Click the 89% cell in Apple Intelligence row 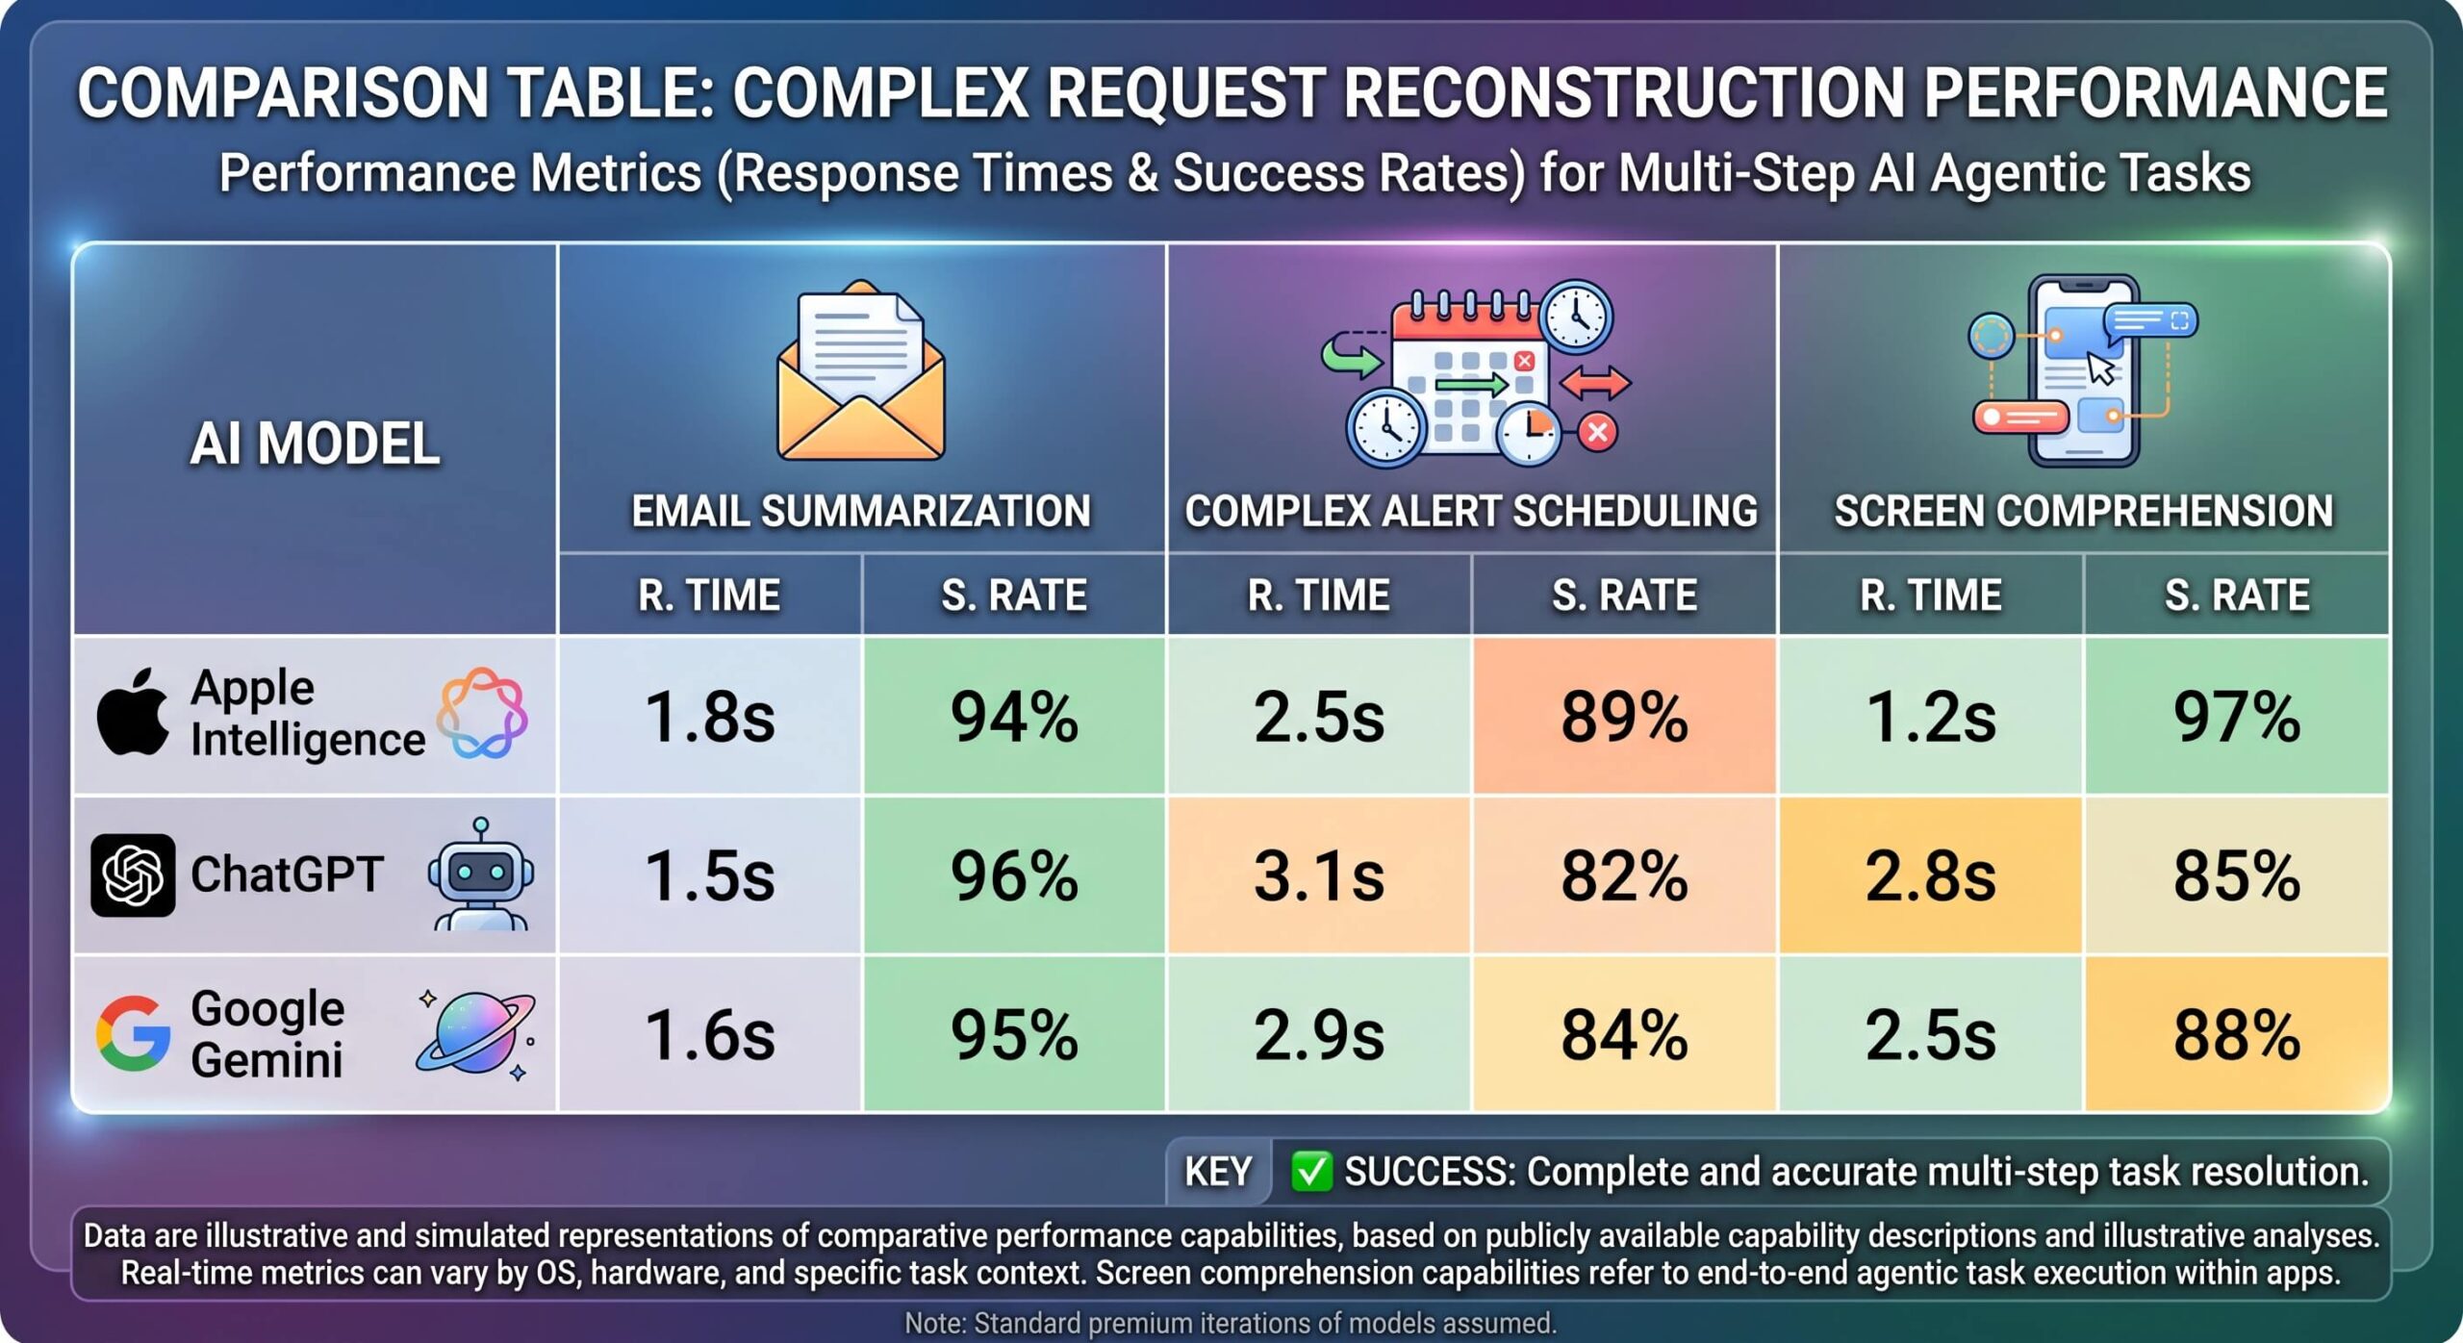(x=1624, y=717)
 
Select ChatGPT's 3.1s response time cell (x=1319, y=875)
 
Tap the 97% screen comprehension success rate (x=2237, y=717)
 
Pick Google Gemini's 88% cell (x=2237, y=1034)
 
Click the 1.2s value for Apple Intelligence (x=1931, y=717)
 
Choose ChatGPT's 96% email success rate (x=1014, y=875)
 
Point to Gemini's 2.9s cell (x=1319, y=1034)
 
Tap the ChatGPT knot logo (x=133, y=875)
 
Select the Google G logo (x=133, y=1034)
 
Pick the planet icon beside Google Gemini (x=476, y=1034)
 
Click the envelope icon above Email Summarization (x=861, y=370)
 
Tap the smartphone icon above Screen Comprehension (x=2083, y=370)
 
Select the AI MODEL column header (x=315, y=443)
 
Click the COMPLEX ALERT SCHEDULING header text (x=1471, y=511)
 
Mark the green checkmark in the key (x=1311, y=1172)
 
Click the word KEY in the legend (x=1218, y=1172)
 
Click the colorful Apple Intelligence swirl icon (x=481, y=713)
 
